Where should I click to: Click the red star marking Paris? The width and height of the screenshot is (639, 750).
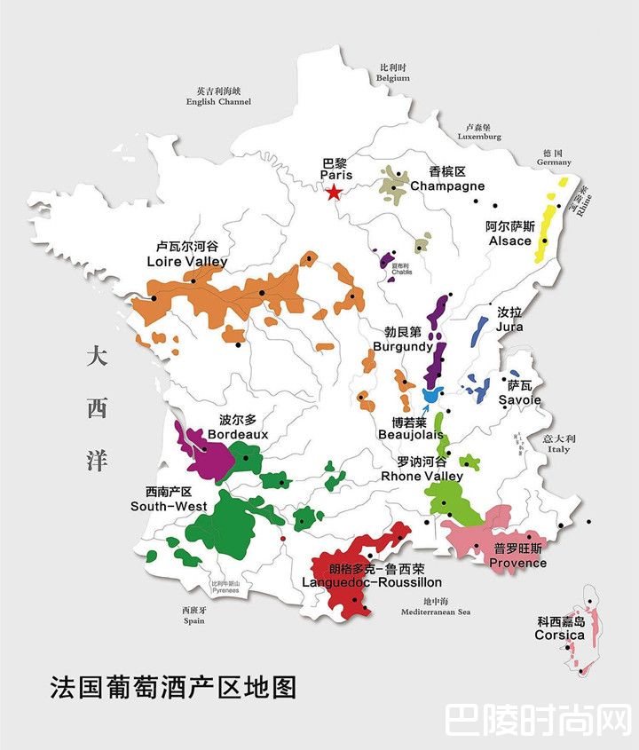333,193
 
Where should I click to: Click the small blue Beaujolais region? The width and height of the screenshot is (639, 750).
431,396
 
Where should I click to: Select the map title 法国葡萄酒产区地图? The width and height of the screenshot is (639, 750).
173,686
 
